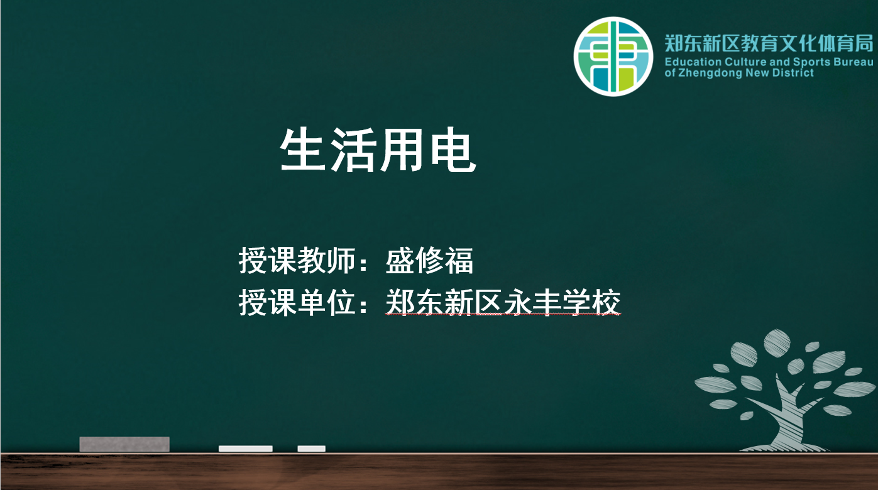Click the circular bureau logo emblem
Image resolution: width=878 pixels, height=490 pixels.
point(613,57)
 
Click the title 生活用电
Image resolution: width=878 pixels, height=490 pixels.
point(378,150)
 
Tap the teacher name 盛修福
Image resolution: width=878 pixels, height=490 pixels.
point(430,261)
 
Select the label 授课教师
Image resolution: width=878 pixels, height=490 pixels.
point(297,261)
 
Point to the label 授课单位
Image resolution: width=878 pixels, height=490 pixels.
point(297,302)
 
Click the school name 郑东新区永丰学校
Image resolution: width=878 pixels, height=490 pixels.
point(503,302)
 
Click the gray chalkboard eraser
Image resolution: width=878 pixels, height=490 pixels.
point(124,444)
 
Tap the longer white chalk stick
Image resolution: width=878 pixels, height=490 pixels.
point(246,449)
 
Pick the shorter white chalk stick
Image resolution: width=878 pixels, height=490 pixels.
point(312,449)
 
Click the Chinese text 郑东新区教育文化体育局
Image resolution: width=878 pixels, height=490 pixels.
point(769,43)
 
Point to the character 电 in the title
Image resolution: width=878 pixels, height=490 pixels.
point(454,150)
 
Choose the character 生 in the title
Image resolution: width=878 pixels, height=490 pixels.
point(302,150)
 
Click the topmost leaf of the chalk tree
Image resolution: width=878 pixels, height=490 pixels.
point(777,343)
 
